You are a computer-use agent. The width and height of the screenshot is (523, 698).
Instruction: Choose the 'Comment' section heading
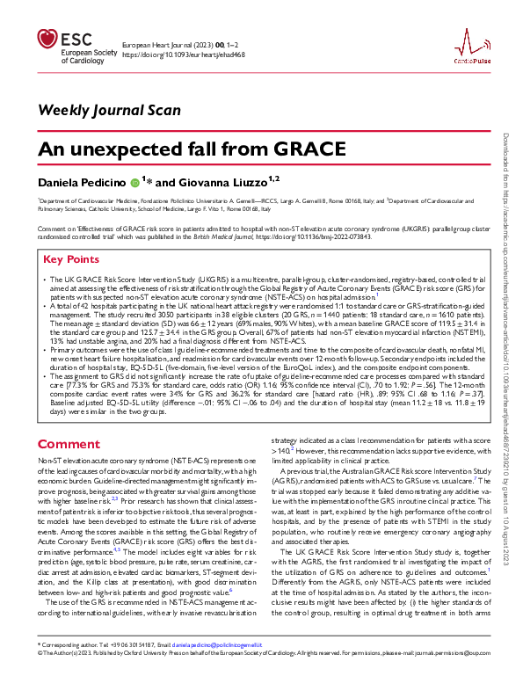click(69, 444)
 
